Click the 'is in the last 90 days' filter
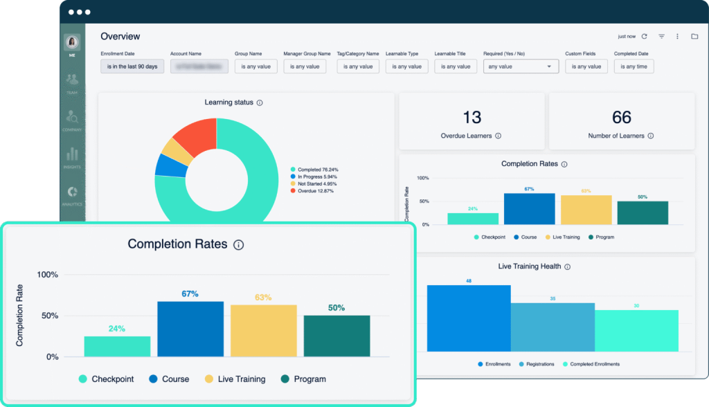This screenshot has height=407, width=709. (x=132, y=66)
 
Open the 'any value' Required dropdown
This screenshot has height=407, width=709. (x=521, y=66)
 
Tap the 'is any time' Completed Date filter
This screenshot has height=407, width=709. (x=634, y=66)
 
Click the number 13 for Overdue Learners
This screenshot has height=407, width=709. (x=471, y=117)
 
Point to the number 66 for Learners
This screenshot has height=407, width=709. (x=622, y=117)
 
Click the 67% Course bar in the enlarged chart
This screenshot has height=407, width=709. (x=190, y=329)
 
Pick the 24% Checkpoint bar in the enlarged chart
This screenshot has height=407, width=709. (x=117, y=346)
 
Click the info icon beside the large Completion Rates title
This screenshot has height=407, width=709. (x=239, y=245)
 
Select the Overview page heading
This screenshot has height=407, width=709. (x=120, y=36)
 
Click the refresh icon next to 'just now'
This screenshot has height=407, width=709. (x=644, y=37)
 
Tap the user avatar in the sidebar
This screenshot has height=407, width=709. (x=72, y=42)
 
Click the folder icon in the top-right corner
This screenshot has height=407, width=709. (x=694, y=37)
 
